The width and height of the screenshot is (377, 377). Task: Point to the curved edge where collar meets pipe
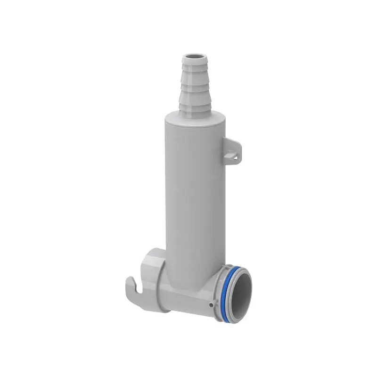[x=163, y=283]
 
